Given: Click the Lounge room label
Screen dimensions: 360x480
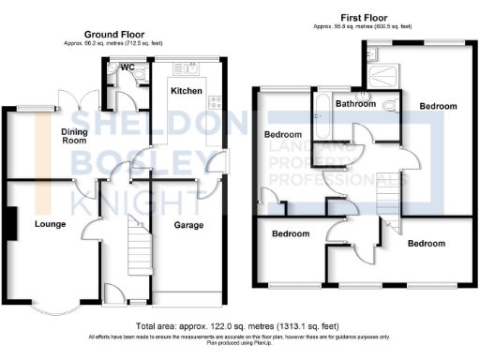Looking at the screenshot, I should click(x=49, y=224).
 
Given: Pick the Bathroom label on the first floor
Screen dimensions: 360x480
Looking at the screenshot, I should click(x=356, y=104).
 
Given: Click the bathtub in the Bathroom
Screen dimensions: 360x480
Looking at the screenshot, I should click(x=321, y=105).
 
